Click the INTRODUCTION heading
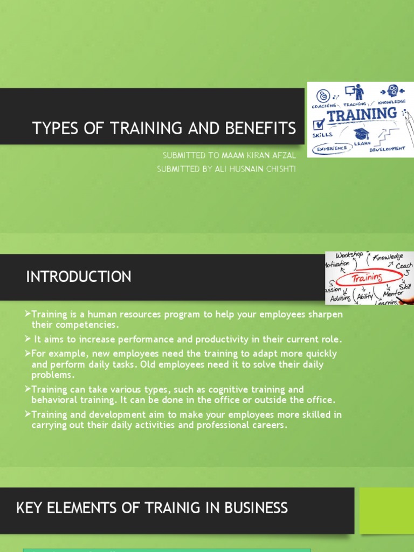coord(79,277)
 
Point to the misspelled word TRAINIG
coord(175,508)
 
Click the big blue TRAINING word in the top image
coord(362,115)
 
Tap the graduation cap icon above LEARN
coord(361,133)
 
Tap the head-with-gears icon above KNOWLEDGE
coord(392,91)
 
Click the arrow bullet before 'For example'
coord(28,354)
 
